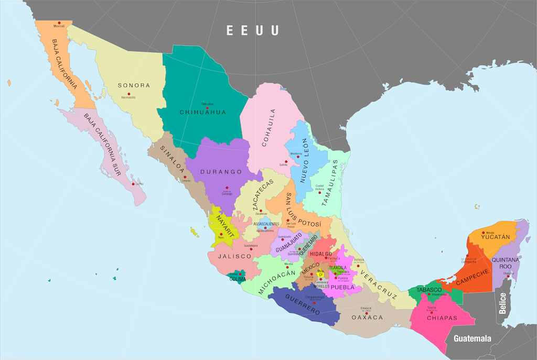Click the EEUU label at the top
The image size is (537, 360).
coord(252,30)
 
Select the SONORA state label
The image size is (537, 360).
coord(134,85)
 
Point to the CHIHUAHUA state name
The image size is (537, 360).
coord(202,112)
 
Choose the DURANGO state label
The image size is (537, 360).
coord(223,172)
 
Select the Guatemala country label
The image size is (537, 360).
coord(472,338)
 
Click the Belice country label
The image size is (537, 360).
coord(503,303)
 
